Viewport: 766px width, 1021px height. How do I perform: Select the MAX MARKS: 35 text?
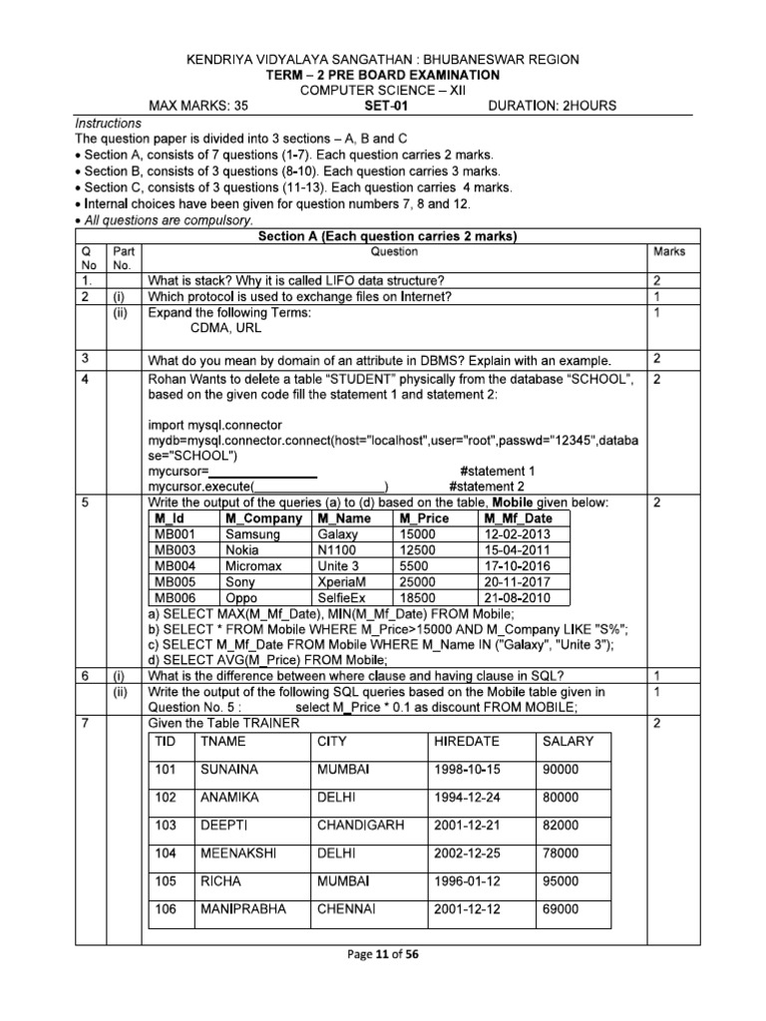click(x=200, y=105)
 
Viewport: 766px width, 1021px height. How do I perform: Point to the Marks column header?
click(x=667, y=252)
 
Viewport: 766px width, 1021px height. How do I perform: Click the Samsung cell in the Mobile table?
click(x=252, y=533)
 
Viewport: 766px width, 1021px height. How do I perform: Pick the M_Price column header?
click(x=423, y=518)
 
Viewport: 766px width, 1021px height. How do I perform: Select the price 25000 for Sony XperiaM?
click(x=418, y=581)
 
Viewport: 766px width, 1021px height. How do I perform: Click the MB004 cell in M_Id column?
click(x=177, y=565)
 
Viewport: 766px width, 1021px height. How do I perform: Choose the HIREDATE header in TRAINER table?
click(x=464, y=741)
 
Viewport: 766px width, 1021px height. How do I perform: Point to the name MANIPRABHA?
click(x=243, y=909)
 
